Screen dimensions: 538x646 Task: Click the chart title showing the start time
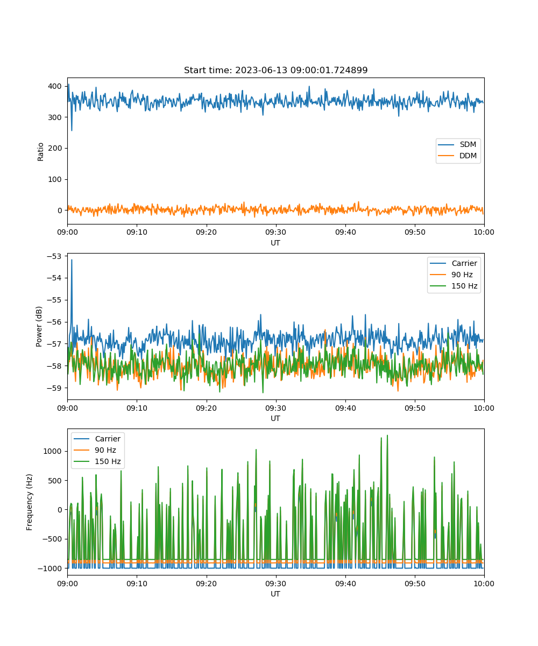(275, 70)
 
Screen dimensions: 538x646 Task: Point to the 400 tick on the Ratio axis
(55, 86)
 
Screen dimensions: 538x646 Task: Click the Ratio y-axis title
(40, 152)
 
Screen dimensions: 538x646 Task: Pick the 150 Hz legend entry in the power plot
(454, 286)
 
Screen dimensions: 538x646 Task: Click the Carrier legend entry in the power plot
(454, 263)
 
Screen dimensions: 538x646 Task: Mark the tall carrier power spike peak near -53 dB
(72, 260)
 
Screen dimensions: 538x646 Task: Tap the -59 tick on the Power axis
(54, 388)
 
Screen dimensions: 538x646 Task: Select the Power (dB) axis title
(39, 326)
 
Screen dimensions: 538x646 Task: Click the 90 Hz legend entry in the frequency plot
(96, 450)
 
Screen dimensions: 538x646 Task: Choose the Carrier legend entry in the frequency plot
(97, 439)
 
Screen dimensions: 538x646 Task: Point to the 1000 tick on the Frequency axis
(53, 451)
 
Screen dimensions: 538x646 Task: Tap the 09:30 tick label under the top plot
(276, 232)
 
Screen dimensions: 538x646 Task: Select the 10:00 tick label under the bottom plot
(484, 584)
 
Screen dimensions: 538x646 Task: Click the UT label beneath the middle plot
(275, 418)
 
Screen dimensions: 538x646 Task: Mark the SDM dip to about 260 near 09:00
(72, 130)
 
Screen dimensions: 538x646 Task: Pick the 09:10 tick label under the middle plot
(137, 408)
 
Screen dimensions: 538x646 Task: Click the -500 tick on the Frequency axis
(52, 539)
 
